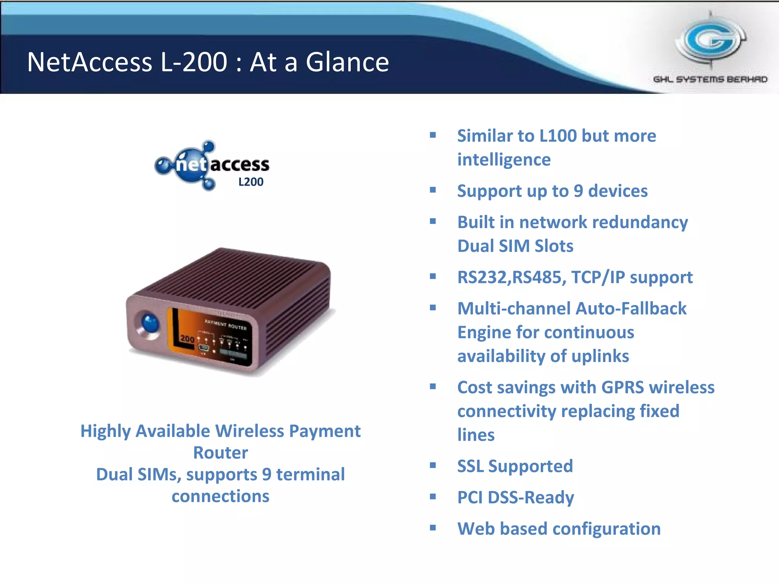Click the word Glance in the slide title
tap(347, 62)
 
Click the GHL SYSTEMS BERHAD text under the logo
tap(710, 79)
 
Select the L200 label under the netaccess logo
tap(251, 182)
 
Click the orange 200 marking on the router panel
tap(187, 338)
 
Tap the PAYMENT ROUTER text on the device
tap(226, 324)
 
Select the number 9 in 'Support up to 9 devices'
tap(578, 191)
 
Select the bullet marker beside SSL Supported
tap(432, 465)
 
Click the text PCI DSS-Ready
tap(515, 497)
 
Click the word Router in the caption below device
tap(220, 453)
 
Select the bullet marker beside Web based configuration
tap(432, 528)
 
